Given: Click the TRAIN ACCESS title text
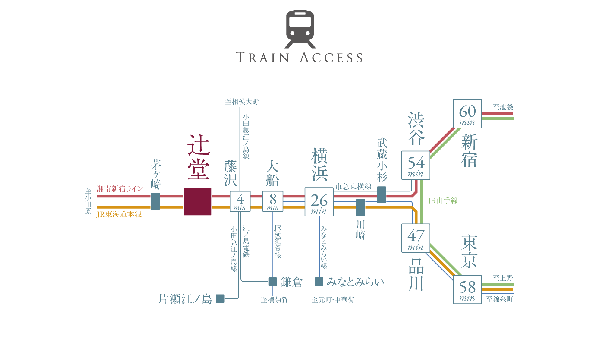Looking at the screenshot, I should pos(299,58).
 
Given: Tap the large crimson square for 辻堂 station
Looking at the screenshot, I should pos(197,201).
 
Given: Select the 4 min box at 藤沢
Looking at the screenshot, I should pos(240,201).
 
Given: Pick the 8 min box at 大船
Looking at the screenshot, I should pos(273,201).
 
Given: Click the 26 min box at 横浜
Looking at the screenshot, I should pos(319,202).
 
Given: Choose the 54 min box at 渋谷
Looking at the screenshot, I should pos(416,165).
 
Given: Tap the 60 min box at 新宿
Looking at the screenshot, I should pos(467,114).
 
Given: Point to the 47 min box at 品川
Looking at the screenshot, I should pos(416,238).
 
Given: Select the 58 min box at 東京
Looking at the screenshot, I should pos(467,289).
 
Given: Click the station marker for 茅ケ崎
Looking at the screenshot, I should pos(155,201).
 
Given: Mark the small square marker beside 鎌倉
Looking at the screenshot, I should pos(273,282).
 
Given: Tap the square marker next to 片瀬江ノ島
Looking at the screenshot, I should pos(220,298).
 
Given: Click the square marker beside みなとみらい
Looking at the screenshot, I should pos(319,282).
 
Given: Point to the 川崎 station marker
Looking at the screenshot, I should pos(360,207).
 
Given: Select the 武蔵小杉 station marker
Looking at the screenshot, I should pos(382,195).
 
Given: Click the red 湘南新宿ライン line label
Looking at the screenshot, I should pos(120,189).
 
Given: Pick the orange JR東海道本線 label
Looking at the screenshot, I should pos(119,214).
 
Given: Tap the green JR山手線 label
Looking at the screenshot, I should pos(443,201).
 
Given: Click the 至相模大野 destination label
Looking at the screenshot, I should pos(242,102).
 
